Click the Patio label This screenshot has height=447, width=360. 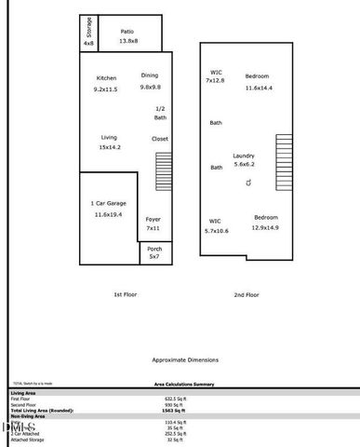[128, 30]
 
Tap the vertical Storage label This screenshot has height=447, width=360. [88, 25]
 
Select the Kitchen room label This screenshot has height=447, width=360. [106, 77]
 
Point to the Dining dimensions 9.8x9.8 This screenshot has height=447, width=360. [151, 87]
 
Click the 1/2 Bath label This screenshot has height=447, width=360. [161, 113]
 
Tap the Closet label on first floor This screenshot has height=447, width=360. [160, 139]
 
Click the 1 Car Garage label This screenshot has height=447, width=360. [109, 203]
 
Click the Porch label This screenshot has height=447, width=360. [154, 248]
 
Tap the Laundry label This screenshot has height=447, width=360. [244, 156]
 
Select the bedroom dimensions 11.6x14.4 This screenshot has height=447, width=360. [258, 88]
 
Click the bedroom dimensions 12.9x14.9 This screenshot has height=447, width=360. [266, 227]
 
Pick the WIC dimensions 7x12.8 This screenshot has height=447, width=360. [216, 81]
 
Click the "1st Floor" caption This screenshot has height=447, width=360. [126, 294]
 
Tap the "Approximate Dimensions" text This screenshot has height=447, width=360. [185, 359]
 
